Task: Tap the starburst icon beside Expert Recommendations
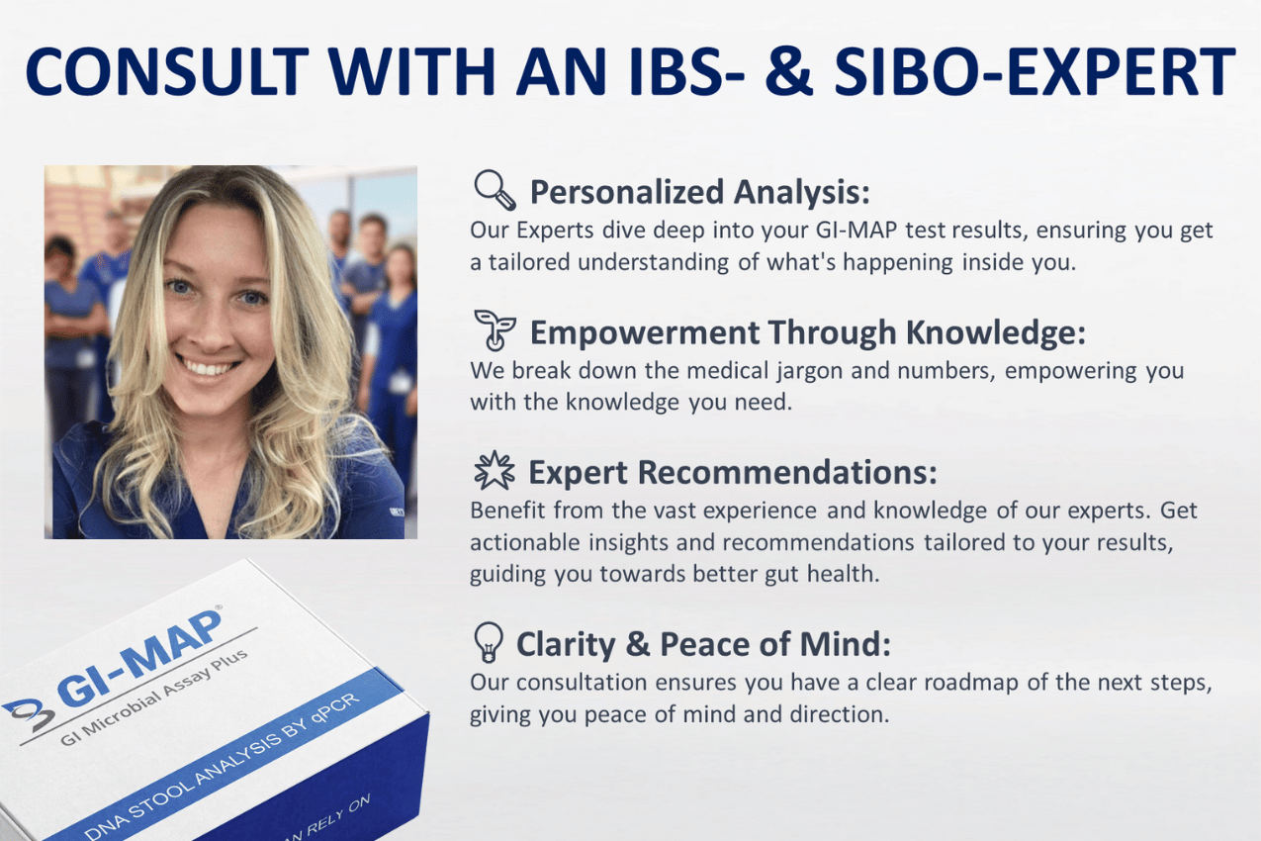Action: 494,471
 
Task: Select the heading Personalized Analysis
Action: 699,190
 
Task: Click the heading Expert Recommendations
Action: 733,473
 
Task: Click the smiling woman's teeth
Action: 208,368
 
